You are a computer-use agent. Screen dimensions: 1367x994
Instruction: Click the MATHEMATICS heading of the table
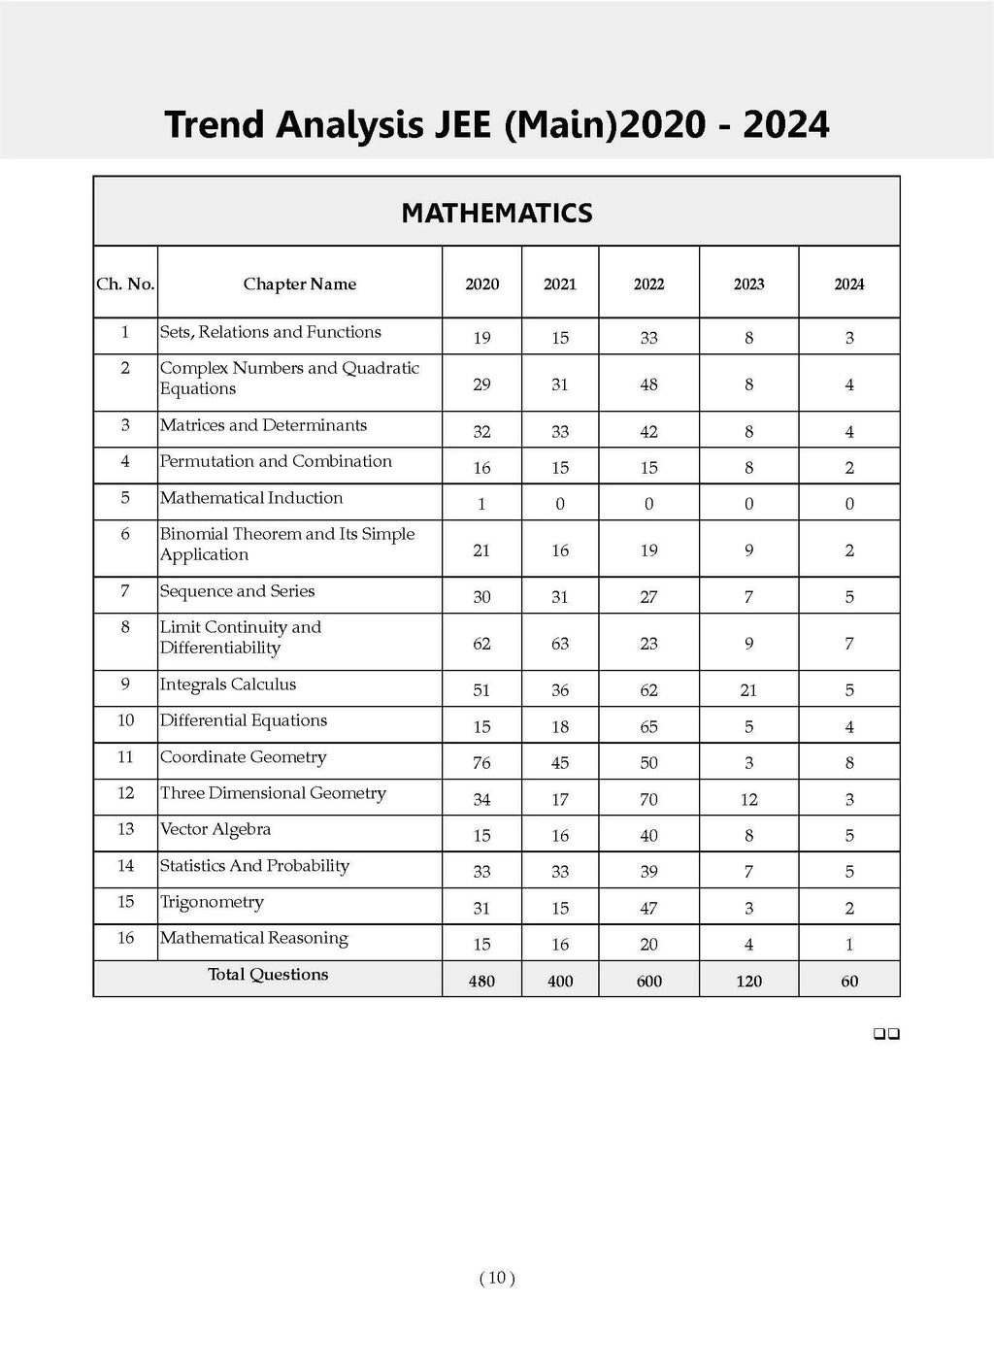[x=497, y=214]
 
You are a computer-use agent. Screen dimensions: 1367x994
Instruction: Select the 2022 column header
[x=649, y=284]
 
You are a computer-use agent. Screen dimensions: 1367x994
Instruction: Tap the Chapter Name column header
[x=299, y=284]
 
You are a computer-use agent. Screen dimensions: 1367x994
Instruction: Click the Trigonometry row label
[x=212, y=902]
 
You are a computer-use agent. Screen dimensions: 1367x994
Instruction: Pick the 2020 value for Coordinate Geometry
[x=481, y=763]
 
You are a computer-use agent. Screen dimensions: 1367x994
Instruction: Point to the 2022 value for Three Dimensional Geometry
[x=649, y=800]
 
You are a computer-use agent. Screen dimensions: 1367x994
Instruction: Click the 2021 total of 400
[x=560, y=981]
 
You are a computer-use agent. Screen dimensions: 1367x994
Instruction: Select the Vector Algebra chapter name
[x=215, y=829]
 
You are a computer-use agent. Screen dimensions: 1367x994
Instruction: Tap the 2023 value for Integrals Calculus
[x=748, y=690]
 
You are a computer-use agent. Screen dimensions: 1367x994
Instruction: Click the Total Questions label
[x=268, y=975]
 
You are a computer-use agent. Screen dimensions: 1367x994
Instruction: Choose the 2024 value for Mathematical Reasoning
[x=849, y=945]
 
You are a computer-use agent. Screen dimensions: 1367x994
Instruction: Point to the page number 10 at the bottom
[x=497, y=1278]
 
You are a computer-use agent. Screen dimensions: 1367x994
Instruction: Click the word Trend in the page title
[x=214, y=125]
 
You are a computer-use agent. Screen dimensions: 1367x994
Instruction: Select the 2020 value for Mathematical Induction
[x=481, y=504]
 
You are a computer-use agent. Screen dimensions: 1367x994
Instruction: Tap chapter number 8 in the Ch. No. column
[x=125, y=627]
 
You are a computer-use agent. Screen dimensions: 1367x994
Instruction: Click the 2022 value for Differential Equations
[x=649, y=727]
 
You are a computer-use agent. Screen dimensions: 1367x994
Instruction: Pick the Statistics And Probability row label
[x=254, y=866]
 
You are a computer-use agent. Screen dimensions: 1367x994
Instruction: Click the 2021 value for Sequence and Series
[x=560, y=597]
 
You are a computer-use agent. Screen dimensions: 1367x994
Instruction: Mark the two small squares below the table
[x=886, y=1035]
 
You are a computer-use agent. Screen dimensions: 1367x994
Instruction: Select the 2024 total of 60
[x=849, y=981]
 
